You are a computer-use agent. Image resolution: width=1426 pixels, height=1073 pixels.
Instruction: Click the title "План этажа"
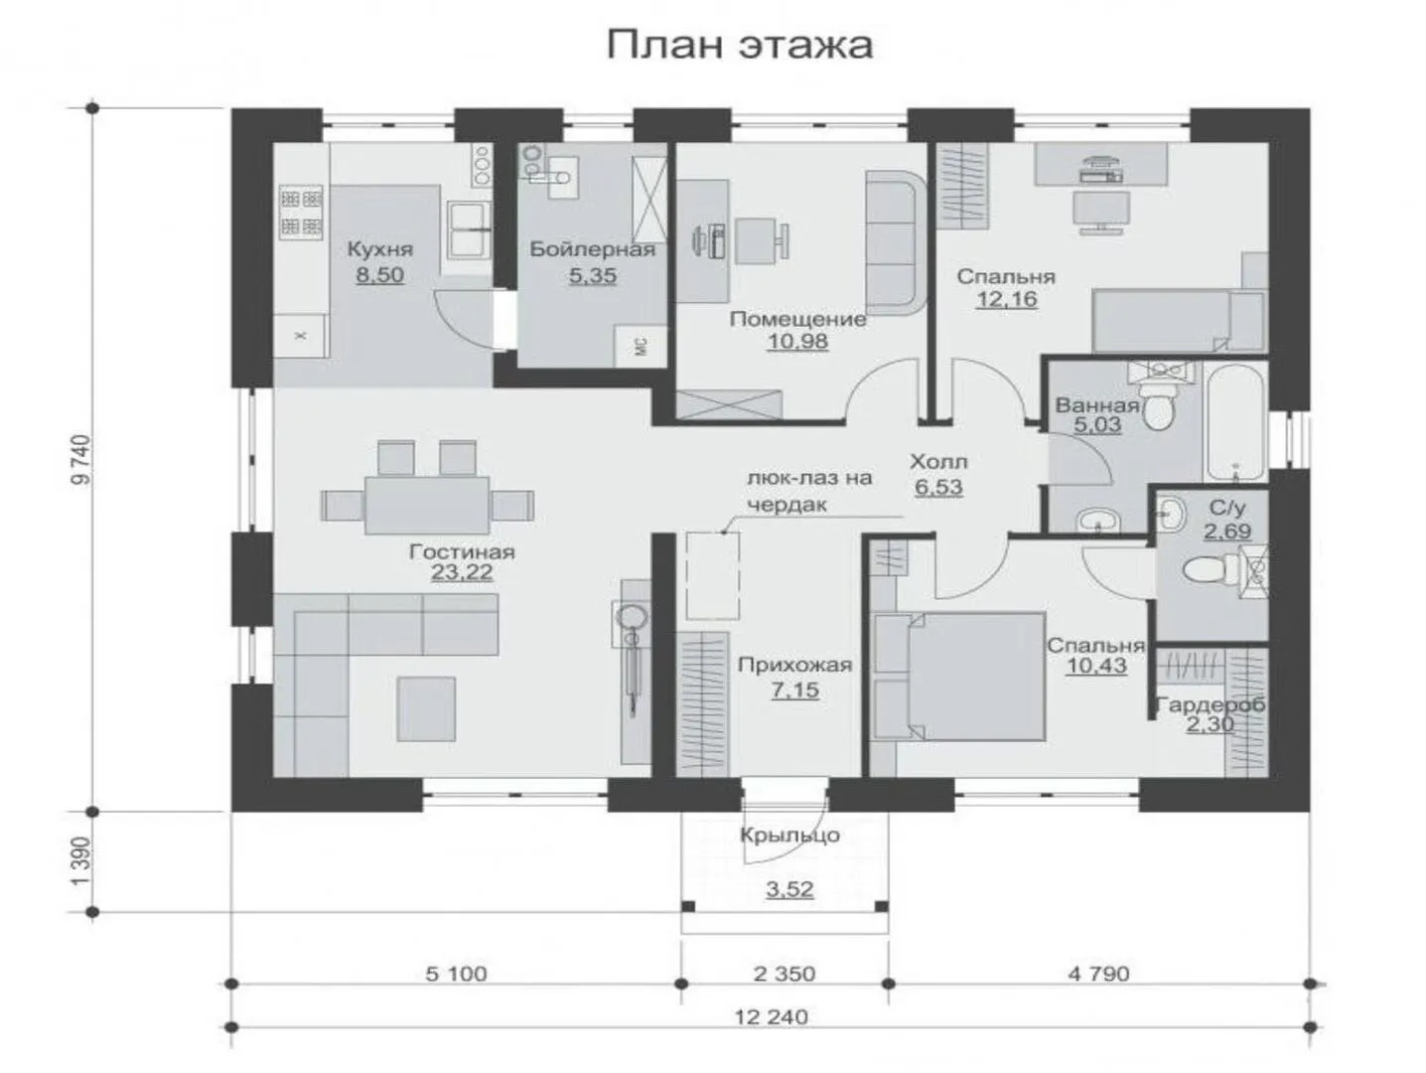click(739, 47)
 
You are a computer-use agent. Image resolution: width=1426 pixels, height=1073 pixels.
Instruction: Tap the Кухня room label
click(380, 249)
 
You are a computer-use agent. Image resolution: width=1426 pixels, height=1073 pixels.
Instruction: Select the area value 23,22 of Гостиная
click(461, 572)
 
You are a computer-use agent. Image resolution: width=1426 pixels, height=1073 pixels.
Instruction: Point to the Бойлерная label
click(593, 249)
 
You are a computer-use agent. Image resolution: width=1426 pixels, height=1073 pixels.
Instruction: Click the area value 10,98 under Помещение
click(797, 341)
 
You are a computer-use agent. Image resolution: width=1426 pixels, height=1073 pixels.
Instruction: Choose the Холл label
click(938, 461)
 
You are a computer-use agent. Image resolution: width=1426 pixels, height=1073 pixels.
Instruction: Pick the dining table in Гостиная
click(427, 505)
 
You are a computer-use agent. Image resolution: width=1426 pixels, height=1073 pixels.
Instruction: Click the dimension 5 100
click(456, 975)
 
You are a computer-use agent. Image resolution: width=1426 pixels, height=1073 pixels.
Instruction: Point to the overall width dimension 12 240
click(772, 1017)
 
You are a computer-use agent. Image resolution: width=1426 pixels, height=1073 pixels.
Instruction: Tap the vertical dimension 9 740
click(82, 460)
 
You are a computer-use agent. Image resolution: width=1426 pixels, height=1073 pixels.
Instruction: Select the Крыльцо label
click(790, 836)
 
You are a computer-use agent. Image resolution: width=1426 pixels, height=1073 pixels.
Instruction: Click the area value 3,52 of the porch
click(790, 888)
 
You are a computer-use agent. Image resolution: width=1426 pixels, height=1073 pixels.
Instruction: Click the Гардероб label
click(1211, 704)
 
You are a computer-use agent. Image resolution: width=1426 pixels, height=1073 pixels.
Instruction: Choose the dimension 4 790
click(1098, 974)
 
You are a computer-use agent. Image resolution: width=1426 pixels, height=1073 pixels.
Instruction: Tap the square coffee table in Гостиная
click(427, 709)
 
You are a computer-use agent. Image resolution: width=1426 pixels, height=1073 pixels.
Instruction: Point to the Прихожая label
click(794, 665)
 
